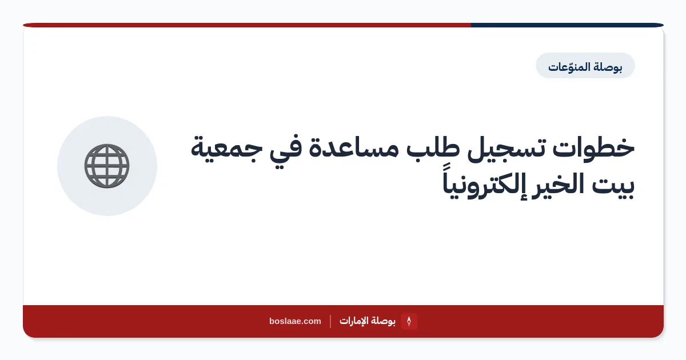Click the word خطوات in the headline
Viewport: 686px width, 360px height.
[x=593, y=148]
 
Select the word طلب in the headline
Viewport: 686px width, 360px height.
[x=433, y=148]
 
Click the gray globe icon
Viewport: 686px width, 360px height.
[x=107, y=166]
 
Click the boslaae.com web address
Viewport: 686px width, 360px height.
[x=295, y=321]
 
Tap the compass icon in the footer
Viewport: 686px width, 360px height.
[x=409, y=321]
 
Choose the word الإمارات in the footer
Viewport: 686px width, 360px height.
[x=354, y=321]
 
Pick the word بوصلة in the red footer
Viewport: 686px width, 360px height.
[x=383, y=321]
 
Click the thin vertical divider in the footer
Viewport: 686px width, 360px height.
[x=330, y=321]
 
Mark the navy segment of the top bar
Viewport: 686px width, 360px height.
[x=567, y=25]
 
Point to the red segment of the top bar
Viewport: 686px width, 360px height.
[x=247, y=25]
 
